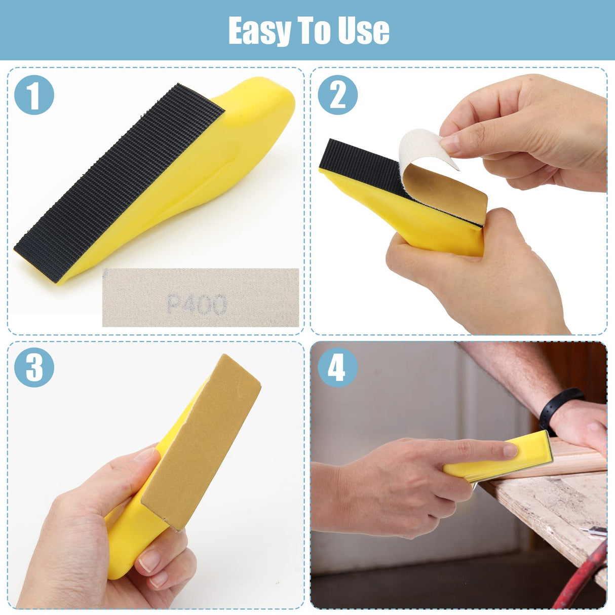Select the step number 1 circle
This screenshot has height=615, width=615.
point(34,94)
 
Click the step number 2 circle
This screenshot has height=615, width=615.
point(337,94)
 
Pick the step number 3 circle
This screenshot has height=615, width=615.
point(34,367)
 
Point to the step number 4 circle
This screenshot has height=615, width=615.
point(337,367)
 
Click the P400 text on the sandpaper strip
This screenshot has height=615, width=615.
point(197,304)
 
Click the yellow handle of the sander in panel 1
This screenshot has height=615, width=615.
point(243,127)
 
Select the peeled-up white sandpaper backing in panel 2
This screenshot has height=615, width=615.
point(423,147)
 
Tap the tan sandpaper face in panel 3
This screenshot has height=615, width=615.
point(203,441)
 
